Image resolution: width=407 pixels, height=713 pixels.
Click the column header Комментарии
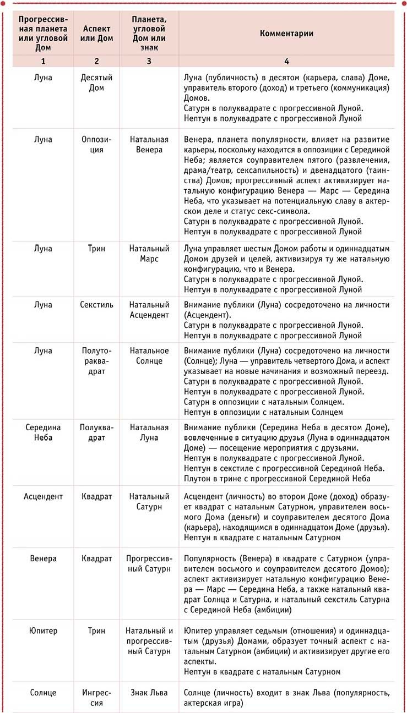(286, 33)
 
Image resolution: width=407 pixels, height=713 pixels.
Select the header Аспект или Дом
(96, 33)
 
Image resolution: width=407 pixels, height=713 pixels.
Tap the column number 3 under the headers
(149, 61)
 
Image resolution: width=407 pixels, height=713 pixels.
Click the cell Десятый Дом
(96, 83)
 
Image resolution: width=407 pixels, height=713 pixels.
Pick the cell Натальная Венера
(149, 145)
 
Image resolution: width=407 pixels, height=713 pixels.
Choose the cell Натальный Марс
(149, 254)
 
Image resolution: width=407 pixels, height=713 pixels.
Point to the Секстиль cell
(96, 305)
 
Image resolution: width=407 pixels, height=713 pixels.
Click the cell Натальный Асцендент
(149, 309)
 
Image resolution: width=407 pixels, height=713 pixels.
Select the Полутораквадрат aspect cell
(96, 360)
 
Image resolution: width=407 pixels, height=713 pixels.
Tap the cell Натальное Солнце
(149, 355)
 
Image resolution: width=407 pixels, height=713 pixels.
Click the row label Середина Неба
(43, 432)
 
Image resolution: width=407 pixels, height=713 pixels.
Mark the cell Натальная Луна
(149, 432)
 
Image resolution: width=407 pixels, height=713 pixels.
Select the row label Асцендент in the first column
(43, 496)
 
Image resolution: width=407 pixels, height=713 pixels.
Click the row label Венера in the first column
(43, 558)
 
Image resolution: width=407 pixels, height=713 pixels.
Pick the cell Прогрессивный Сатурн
(149, 563)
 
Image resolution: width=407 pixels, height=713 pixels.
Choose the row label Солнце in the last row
(43, 693)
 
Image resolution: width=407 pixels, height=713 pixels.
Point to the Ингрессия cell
(96, 698)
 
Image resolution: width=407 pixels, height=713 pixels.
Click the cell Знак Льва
(149, 693)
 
